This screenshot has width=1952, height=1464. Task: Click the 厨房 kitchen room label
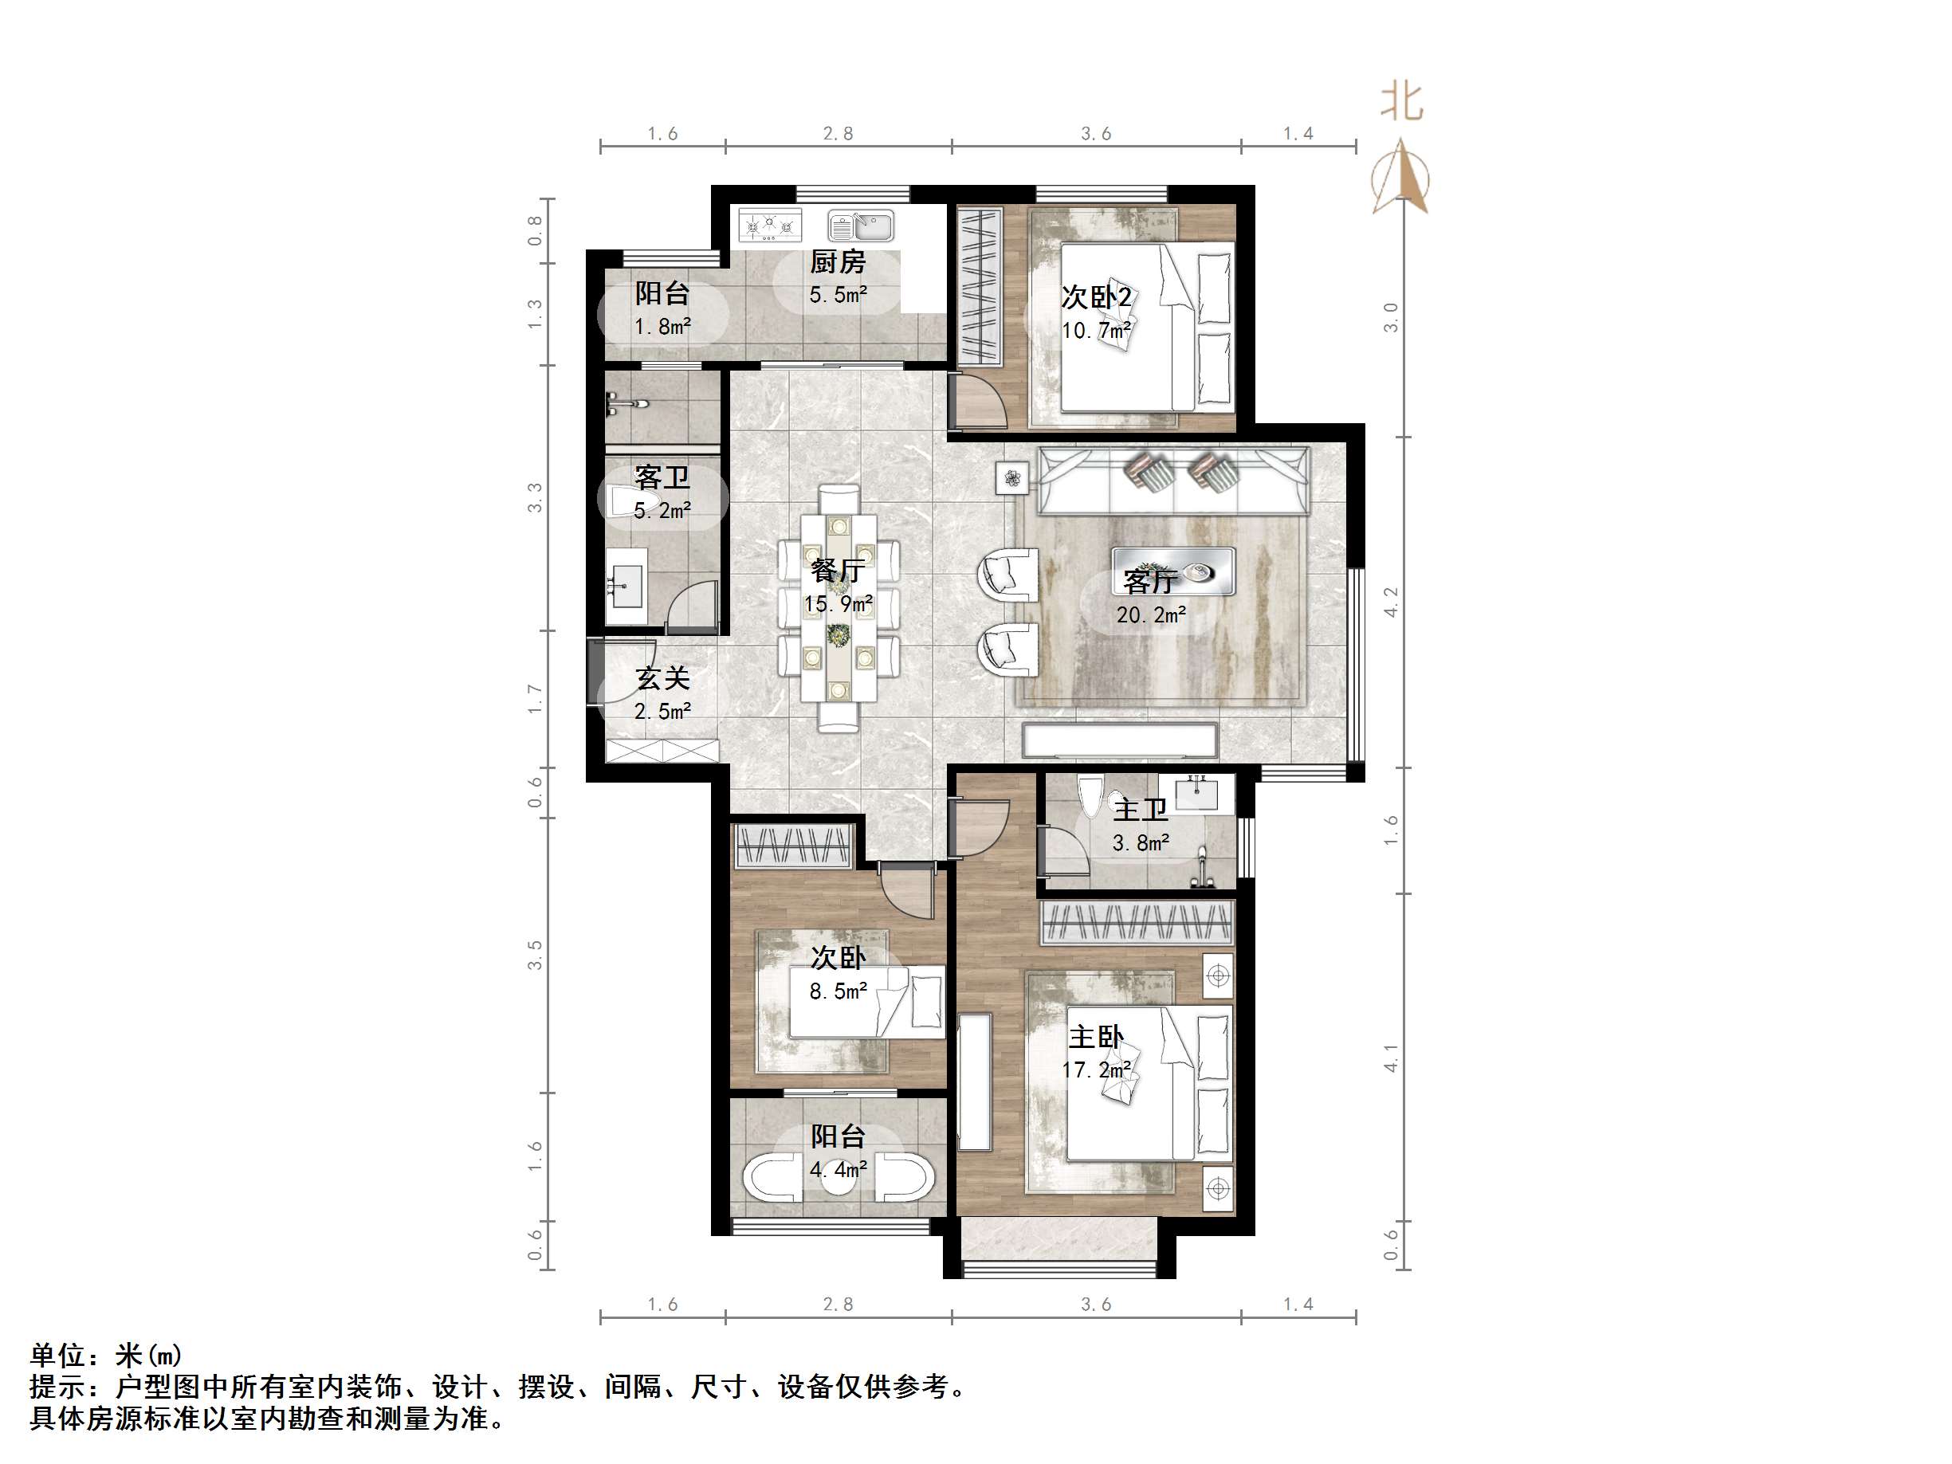click(x=838, y=262)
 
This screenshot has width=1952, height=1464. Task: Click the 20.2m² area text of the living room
click(x=1150, y=615)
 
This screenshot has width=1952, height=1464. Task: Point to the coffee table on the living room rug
click(x=1172, y=571)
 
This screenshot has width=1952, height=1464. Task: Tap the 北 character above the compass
click(x=1401, y=102)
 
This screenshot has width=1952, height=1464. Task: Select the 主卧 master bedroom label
click(x=1096, y=1036)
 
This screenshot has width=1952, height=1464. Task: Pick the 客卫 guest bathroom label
click(x=662, y=477)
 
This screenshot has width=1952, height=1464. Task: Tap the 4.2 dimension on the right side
click(x=1391, y=602)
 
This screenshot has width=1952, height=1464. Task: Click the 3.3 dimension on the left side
click(x=535, y=498)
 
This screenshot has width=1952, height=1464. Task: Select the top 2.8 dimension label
click(x=838, y=133)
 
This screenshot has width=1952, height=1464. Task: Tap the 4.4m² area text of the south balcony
click(x=838, y=1169)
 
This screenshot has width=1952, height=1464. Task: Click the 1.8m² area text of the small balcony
click(x=662, y=327)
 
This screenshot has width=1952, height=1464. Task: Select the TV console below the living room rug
click(x=1119, y=740)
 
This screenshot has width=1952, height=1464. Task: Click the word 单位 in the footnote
click(x=57, y=1355)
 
